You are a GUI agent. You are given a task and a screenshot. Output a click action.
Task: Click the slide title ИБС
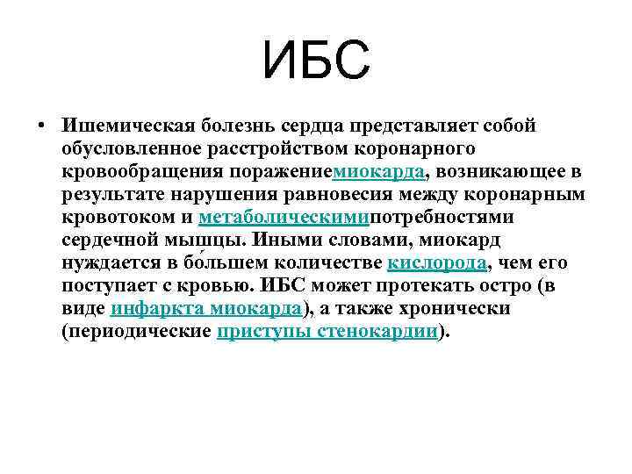coord(316,62)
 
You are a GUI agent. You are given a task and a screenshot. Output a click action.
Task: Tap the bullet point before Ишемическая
coord(41,124)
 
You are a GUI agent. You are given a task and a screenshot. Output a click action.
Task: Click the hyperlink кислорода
coord(436,262)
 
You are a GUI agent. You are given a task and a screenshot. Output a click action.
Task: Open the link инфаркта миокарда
coord(207,309)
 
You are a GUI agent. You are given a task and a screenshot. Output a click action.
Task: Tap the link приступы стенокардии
coord(327,332)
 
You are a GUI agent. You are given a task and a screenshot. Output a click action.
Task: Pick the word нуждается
coord(109,262)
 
